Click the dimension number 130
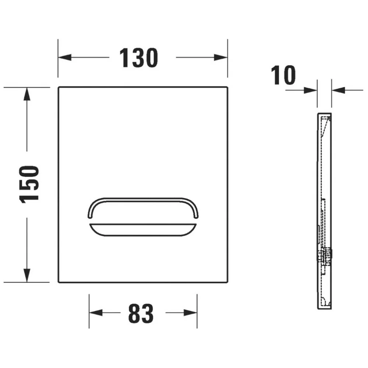(139, 58)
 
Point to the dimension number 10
(283, 75)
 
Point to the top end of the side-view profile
(324, 112)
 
